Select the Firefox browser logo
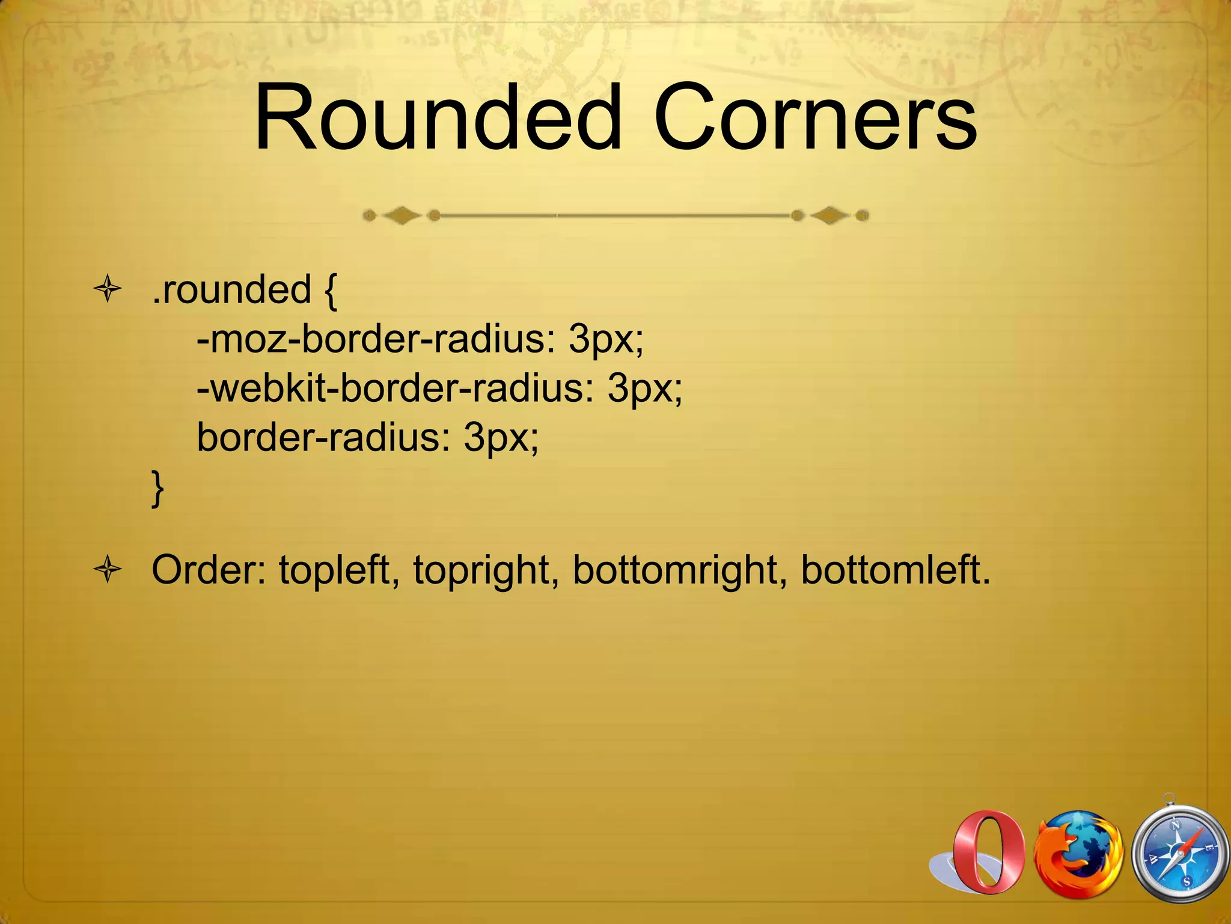(1078, 854)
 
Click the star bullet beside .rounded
(108, 289)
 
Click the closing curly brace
(157, 488)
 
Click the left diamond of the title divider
(402, 215)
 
